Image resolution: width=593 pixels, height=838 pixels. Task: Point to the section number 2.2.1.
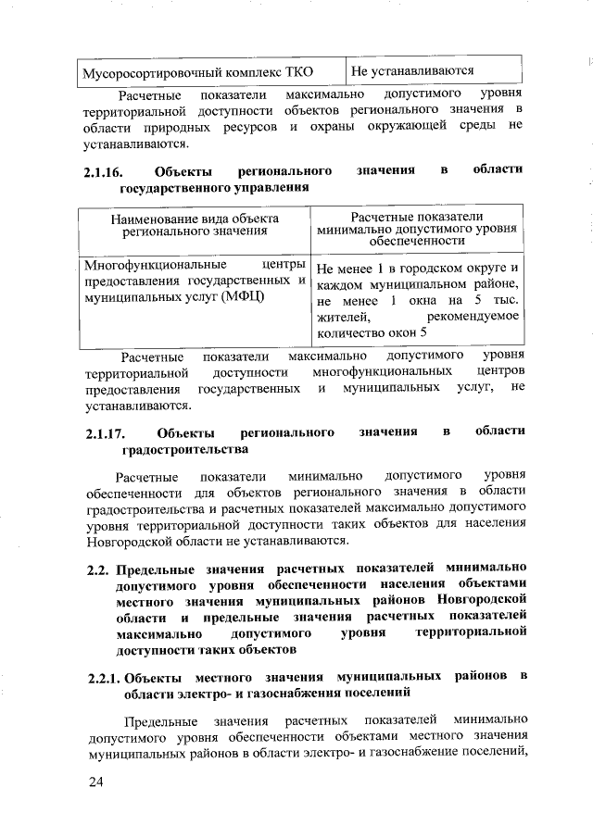pyautogui.click(x=102, y=678)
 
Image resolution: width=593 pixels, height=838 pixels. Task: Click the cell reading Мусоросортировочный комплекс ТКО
pyautogui.click(x=196, y=71)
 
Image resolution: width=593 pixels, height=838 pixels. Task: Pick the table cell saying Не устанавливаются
pyautogui.click(x=413, y=70)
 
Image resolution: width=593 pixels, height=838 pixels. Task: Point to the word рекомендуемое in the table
pyautogui.click(x=473, y=319)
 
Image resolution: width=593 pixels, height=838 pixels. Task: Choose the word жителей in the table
pyautogui.click(x=338, y=319)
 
